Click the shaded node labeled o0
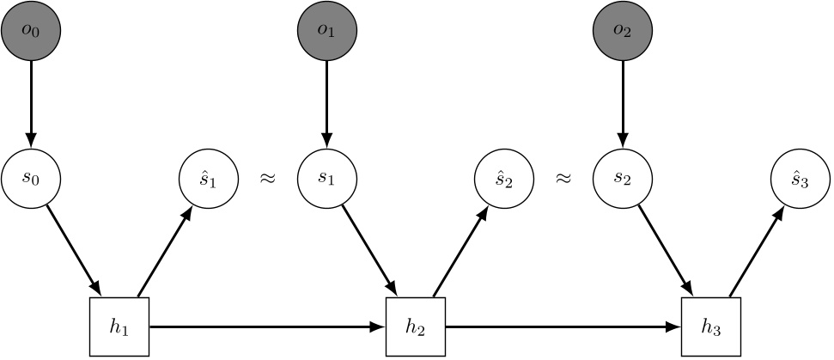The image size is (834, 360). click(31, 30)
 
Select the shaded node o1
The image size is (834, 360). click(326, 30)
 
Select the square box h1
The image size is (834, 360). click(119, 326)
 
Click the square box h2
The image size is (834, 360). click(416, 326)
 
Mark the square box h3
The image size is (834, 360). click(711, 326)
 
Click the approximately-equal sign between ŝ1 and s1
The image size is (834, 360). click(267, 180)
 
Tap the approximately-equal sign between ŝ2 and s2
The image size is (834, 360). click(563, 180)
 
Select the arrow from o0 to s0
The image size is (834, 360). click(31, 103)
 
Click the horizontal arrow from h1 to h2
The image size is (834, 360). click(266, 326)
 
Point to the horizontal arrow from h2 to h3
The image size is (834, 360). click(563, 326)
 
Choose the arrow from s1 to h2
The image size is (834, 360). click(369, 250)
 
